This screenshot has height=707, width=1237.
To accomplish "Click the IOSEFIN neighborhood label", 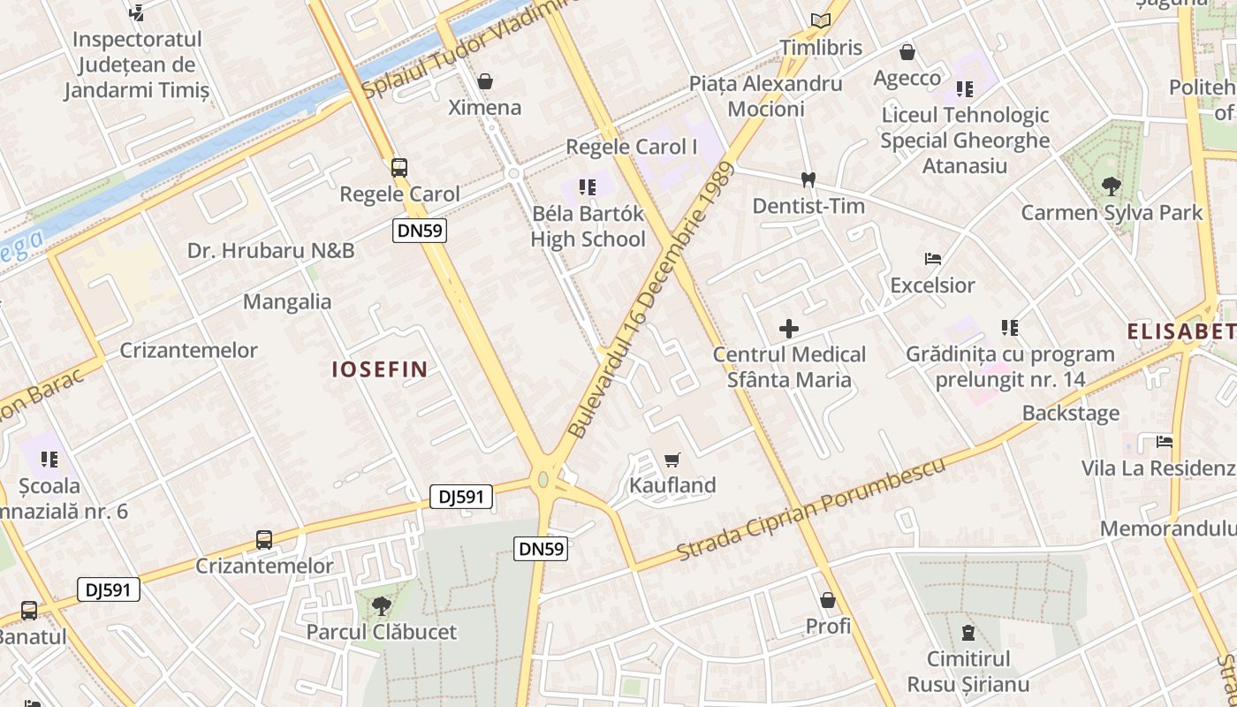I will [380, 369].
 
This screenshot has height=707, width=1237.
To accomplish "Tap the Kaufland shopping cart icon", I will [672, 460].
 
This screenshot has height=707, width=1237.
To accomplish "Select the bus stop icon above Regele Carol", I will [399, 167].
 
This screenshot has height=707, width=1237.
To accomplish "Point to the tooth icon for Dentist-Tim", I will [807, 179].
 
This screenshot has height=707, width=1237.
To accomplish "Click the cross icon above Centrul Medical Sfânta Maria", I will [789, 330].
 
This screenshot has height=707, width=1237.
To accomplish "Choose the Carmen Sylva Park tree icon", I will [1112, 186].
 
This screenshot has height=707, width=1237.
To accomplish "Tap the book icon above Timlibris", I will [821, 20].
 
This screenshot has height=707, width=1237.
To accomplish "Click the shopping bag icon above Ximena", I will [485, 81].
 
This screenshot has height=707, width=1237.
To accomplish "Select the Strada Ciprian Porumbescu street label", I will [811, 509].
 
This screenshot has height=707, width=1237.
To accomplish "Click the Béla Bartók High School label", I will [588, 227].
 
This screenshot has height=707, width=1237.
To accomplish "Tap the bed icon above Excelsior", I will [933, 259].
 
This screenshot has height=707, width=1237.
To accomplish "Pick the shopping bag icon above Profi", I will [828, 600].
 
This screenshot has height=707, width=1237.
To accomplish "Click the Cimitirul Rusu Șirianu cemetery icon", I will [968, 633].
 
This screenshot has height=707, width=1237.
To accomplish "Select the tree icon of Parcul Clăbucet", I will [382, 605].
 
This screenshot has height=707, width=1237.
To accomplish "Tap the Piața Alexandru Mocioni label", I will [766, 96].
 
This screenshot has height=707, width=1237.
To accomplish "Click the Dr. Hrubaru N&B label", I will [270, 251].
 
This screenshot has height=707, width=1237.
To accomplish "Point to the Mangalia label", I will [287, 302].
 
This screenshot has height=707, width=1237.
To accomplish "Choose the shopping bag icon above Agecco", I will [907, 52].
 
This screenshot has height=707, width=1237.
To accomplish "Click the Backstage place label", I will [1071, 414].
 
